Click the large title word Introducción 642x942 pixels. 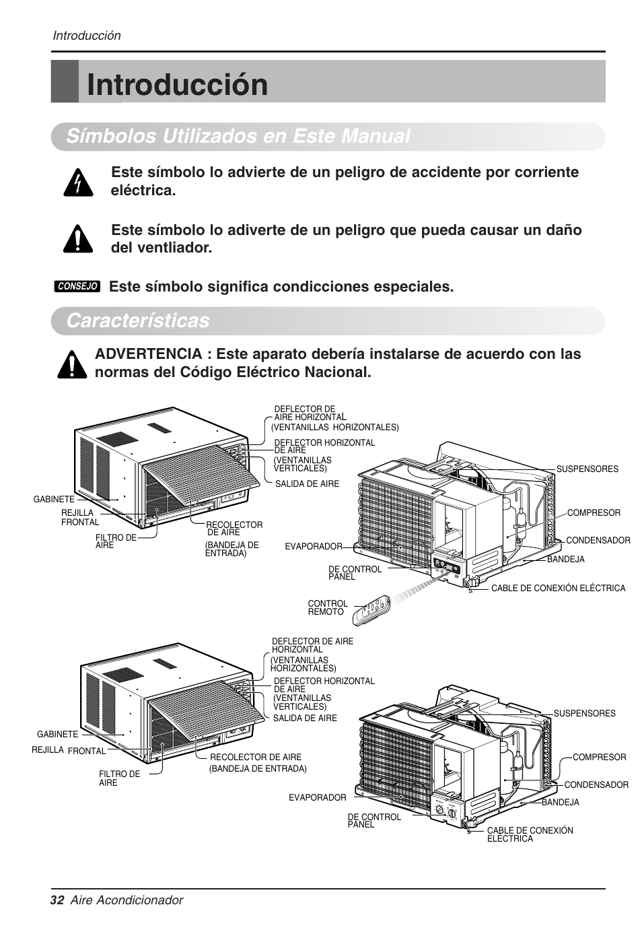pyautogui.click(x=178, y=85)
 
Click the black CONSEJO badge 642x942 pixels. pyautogui.click(x=77, y=286)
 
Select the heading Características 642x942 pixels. pyautogui.click(x=138, y=321)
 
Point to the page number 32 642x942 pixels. pyautogui.click(x=57, y=900)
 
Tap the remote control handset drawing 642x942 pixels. pyautogui.click(x=375, y=606)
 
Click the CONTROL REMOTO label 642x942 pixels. pyautogui.click(x=328, y=608)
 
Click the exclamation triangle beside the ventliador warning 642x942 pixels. pyautogui.click(x=78, y=238)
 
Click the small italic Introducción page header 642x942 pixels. pyautogui.click(x=87, y=36)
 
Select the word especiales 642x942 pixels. pyautogui.click(x=403, y=287)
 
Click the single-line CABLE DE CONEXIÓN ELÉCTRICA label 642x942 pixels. pyautogui.click(x=558, y=588)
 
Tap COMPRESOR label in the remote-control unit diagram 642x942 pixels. pyautogui.click(x=594, y=512)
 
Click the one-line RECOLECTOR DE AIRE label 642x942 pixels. pyautogui.click(x=256, y=757)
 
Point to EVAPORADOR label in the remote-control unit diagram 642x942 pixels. pyautogui.click(x=314, y=547)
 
